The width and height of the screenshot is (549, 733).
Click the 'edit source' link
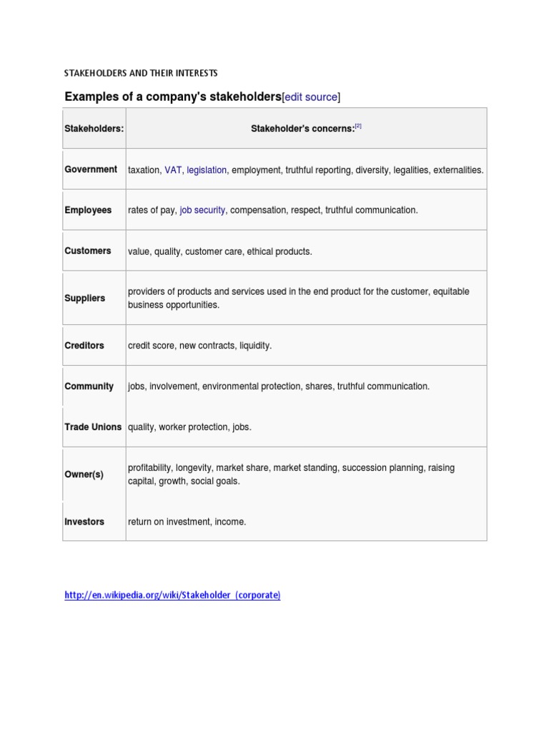[x=311, y=97]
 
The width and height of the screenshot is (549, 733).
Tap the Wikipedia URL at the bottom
[x=172, y=595]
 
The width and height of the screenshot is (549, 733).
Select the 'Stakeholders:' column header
[x=94, y=129]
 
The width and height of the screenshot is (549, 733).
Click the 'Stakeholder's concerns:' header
[x=302, y=129]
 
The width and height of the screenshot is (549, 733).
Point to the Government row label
[x=91, y=170]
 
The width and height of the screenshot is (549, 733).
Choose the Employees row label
[x=88, y=210]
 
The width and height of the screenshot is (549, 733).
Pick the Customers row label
[x=88, y=251]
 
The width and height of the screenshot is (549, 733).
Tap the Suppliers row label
[x=84, y=298]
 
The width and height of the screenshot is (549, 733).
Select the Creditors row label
[x=84, y=345]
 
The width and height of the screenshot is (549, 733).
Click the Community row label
[x=89, y=386]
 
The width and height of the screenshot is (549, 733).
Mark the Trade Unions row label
[x=93, y=427]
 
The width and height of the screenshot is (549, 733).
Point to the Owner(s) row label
[x=84, y=475]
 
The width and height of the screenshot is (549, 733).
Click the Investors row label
[x=84, y=522]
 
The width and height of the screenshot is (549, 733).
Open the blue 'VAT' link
[x=173, y=170]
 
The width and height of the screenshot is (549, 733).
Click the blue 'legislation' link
[x=207, y=170]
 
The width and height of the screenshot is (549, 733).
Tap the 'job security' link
[x=202, y=210]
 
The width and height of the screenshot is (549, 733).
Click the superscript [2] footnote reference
[x=358, y=126]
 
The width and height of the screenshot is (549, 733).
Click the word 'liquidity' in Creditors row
[x=254, y=346]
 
